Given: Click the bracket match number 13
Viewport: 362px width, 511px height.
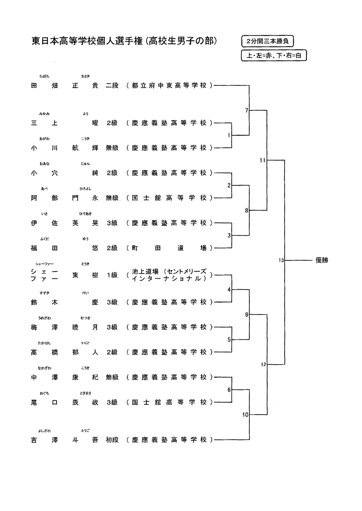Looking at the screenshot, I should click(281, 261).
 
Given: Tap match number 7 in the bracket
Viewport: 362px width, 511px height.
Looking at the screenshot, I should click(246, 110).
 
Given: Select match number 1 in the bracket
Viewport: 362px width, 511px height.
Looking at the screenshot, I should click(229, 135).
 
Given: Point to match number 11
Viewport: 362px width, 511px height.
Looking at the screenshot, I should click(262, 160).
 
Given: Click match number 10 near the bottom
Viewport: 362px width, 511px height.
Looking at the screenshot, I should click(245, 415).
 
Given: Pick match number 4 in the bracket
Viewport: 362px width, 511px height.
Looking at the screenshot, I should click(229, 289).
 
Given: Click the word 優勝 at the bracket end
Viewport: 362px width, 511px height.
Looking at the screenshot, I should click(322, 261).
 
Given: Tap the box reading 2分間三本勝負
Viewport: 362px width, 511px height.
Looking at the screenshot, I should click(268, 41).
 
